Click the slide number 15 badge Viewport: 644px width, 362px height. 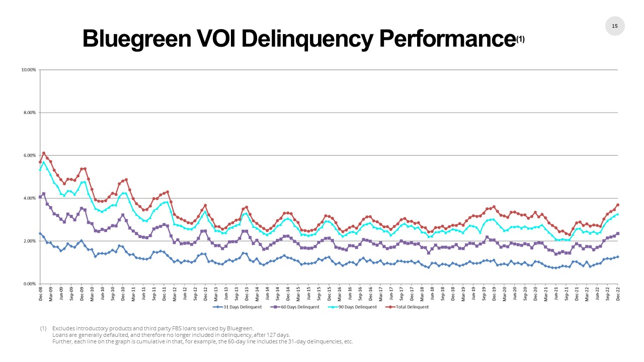614,26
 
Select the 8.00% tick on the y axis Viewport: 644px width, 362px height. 29,113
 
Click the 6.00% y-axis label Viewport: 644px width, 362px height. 29,155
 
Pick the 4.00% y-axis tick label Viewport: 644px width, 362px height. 29,198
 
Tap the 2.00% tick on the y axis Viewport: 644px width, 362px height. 29,241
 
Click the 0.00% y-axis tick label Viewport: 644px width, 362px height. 29,284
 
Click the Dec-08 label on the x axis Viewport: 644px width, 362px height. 40,293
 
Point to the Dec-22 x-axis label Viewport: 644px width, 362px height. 618,293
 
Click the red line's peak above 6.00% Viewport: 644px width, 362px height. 44,153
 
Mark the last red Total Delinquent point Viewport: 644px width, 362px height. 618,205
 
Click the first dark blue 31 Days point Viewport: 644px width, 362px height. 40,233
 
